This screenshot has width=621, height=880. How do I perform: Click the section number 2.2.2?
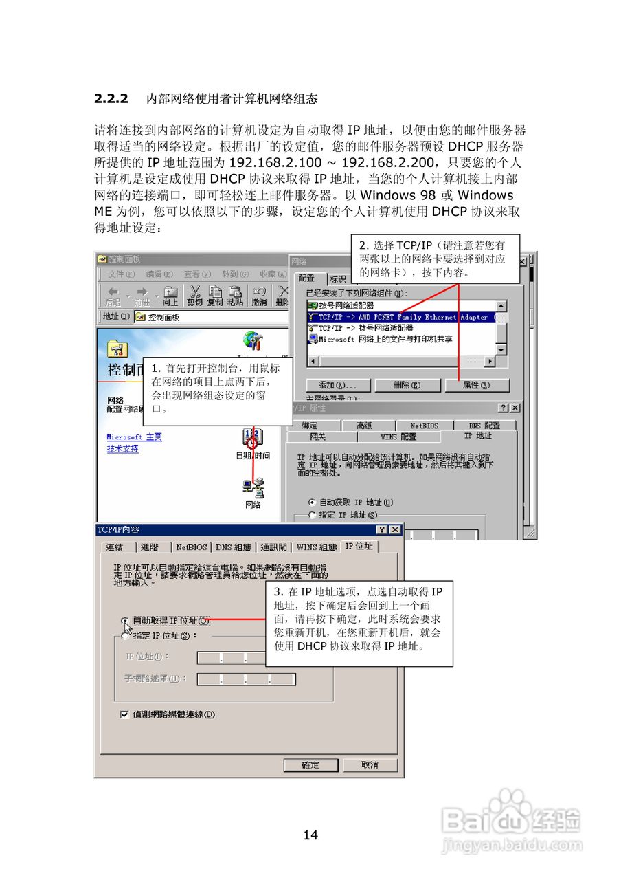tap(111, 99)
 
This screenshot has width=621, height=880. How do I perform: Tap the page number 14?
tap(310, 835)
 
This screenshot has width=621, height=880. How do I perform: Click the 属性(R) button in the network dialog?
tap(476, 385)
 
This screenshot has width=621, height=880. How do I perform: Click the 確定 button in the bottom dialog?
tap(310, 764)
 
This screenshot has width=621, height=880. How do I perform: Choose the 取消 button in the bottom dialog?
tap(370, 764)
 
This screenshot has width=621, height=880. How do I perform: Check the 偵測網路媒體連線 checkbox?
tap(124, 714)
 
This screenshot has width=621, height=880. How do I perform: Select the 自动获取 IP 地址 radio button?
tap(312, 503)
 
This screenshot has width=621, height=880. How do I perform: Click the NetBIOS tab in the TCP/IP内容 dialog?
tap(191, 547)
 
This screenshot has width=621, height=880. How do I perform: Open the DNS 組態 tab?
tap(234, 547)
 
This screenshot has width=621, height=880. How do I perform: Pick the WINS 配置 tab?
tap(398, 437)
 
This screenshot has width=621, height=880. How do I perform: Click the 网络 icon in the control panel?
tap(253, 489)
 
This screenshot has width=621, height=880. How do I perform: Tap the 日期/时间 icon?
tap(252, 440)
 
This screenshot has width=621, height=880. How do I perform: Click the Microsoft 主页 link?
tap(134, 437)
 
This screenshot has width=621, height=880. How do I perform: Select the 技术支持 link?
tap(122, 449)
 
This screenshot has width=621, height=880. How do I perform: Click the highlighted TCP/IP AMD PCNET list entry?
tap(402, 318)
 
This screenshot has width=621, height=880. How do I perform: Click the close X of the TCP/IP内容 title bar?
tap(395, 529)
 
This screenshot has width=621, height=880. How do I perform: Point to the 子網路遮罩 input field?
tap(246, 679)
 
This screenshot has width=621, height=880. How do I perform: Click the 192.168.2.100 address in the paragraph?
tap(269, 162)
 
